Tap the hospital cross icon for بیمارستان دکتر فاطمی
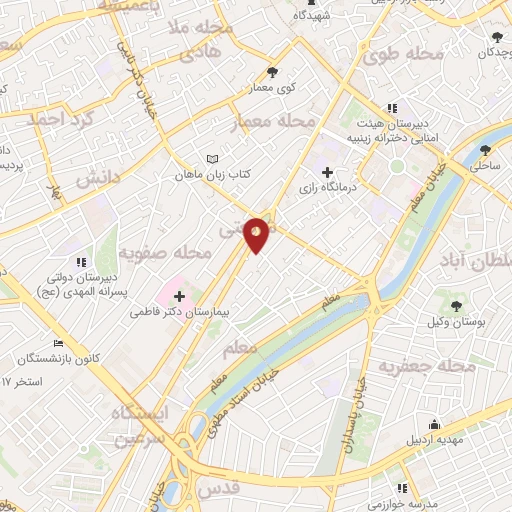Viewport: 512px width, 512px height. pyautogui.click(x=180, y=296)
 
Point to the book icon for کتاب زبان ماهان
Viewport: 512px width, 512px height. pyautogui.click(x=211, y=159)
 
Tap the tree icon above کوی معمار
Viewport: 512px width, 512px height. pyautogui.click(x=273, y=71)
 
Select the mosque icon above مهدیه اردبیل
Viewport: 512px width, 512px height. pyautogui.click(x=433, y=423)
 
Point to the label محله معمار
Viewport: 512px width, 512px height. pyautogui.click(x=273, y=122)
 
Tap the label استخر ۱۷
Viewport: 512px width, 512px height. pyautogui.click(x=22, y=382)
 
